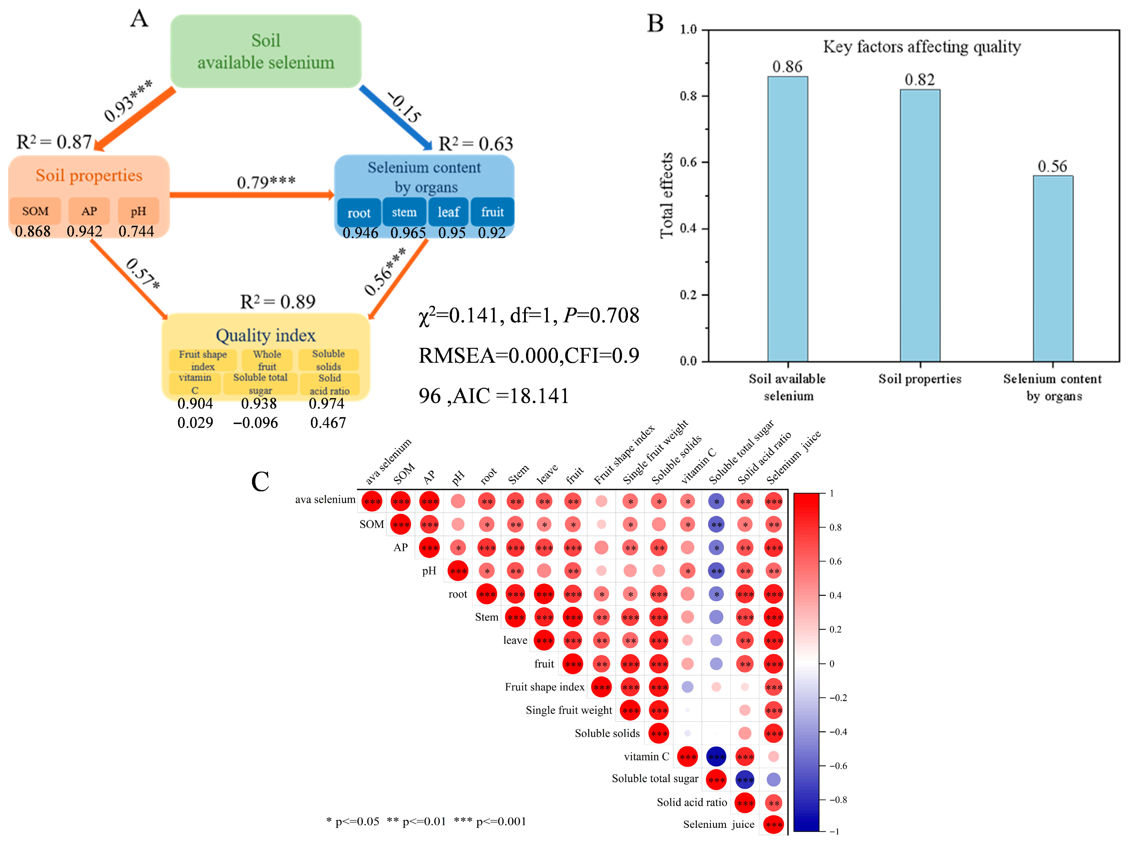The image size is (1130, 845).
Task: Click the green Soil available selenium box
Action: (x=266, y=51)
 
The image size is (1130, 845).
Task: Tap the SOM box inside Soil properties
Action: (x=35, y=211)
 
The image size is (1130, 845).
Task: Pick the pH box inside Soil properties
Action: (x=138, y=211)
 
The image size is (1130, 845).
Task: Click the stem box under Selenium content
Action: (x=404, y=212)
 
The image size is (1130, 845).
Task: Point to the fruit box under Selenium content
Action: (x=492, y=212)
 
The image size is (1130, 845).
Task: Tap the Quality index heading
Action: (x=266, y=336)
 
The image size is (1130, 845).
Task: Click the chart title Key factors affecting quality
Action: (x=921, y=47)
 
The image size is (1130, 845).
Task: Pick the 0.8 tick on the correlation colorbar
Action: (x=835, y=527)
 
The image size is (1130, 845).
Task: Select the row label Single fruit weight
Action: (x=568, y=710)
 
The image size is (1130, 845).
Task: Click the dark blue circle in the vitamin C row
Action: (x=716, y=756)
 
